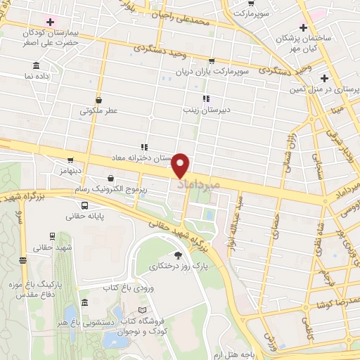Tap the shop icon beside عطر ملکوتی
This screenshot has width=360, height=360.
pyautogui.click(x=98, y=99)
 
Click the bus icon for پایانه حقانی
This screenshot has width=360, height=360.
pyautogui.click(x=84, y=207)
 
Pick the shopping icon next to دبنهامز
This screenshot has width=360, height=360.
pyautogui.click(x=70, y=160)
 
